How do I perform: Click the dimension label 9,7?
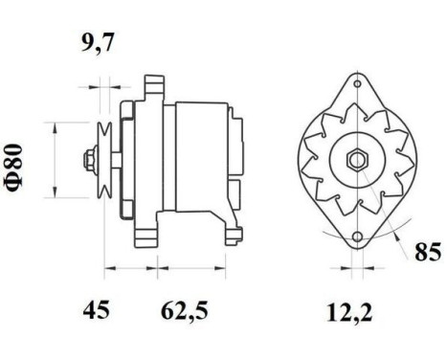pos(98,42)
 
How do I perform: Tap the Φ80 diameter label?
pos(14,168)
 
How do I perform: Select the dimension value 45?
pos(97,310)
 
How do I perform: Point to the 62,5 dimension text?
pos(185,310)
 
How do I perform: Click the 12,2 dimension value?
pos(349,312)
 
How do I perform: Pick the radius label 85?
pos(428,252)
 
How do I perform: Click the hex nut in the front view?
pos(358,159)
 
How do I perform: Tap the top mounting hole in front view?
pos(358,84)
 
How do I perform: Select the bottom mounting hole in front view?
pos(358,236)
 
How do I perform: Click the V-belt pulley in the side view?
pos(104,160)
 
